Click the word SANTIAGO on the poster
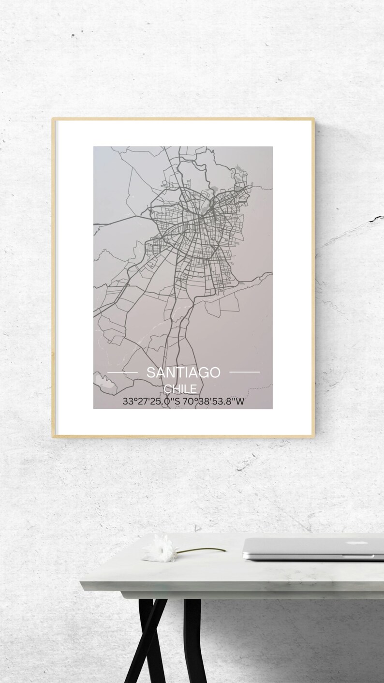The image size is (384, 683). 183,372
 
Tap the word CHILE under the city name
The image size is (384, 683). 180,389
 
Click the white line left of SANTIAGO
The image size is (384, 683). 122,372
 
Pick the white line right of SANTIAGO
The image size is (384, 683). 244,372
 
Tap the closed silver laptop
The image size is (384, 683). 314,548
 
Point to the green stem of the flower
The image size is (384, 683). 203,549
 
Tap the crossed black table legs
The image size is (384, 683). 145,638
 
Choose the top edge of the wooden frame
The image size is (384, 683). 183,119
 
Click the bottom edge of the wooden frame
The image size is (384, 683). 183,436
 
